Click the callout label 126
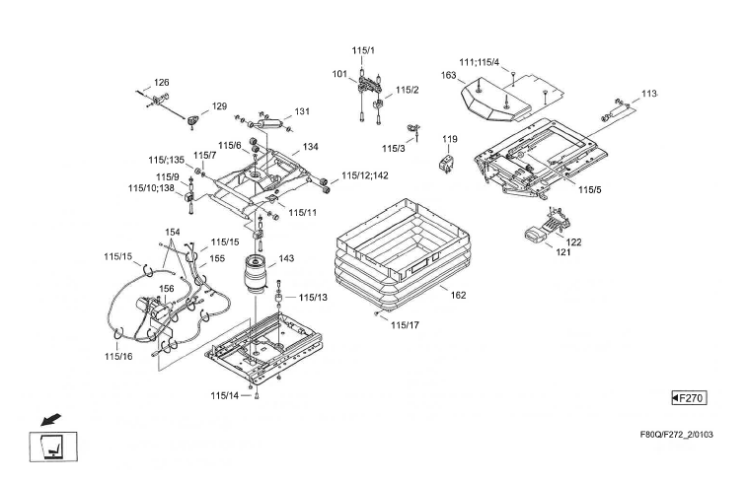click(x=162, y=83)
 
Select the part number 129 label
click(x=219, y=106)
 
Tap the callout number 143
click(x=286, y=259)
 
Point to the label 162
click(x=459, y=295)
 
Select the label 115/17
click(x=406, y=324)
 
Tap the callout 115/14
click(x=225, y=395)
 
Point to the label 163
click(x=448, y=75)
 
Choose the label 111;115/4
click(x=480, y=63)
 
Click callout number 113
click(x=648, y=94)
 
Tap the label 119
click(x=450, y=139)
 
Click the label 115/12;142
click(x=365, y=176)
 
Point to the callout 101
click(x=338, y=75)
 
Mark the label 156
click(x=168, y=289)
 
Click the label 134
click(x=310, y=147)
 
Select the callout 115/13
click(x=313, y=297)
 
